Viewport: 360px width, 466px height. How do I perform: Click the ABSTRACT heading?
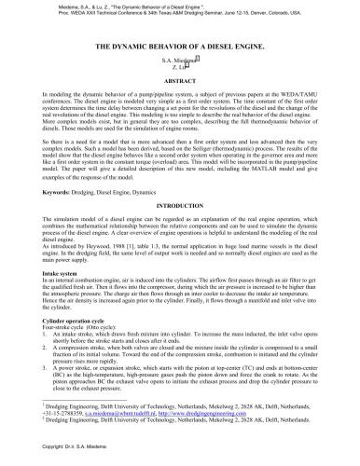180,80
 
